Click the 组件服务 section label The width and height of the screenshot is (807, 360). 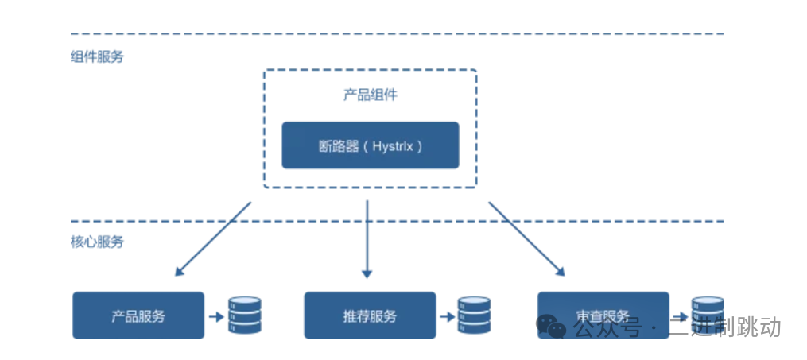[x=97, y=57]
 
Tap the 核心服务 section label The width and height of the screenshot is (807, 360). [x=97, y=242]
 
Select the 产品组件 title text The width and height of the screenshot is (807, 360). [x=370, y=95]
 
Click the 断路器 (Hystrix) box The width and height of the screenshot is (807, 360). [x=370, y=145]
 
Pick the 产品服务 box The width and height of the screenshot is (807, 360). [x=138, y=315]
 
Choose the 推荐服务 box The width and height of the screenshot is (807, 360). [x=370, y=315]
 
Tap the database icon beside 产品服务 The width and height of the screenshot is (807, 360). [x=245, y=315]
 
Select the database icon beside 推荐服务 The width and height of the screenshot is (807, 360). [x=474, y=315]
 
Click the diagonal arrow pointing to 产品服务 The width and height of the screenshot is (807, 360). [x=212, y=238]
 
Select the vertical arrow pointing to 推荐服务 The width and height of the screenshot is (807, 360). [x=367, y=238]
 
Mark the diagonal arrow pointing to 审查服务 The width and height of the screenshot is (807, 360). [x=526, y=238]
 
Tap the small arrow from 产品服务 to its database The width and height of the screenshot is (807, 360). [x=215, y=316]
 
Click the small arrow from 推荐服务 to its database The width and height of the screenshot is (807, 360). [x=447, y=316]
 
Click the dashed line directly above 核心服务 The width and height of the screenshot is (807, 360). [x=398, y=221]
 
